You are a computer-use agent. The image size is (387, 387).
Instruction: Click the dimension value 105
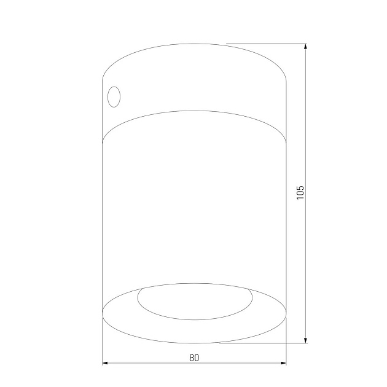(x=300, y=193)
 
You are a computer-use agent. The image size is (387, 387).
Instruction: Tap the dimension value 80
(x=194, y=357)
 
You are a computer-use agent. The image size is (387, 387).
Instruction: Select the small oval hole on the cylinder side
(x=114, y=97)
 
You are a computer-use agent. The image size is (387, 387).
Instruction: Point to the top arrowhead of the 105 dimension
(x=305, y=47)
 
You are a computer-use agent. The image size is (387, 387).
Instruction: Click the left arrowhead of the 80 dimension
(x=105, y=364)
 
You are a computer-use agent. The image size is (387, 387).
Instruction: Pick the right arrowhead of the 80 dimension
(x=283, y=364)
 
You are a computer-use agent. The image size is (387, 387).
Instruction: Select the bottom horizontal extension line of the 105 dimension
(x=264, y=343)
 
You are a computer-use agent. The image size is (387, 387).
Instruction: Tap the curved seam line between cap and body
(x=194, y=111)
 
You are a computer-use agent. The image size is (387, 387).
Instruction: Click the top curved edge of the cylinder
(x=194, y=44)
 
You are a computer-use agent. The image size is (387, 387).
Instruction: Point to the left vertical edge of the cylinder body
(x=102, y=203)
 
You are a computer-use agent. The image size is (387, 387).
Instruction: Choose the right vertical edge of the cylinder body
(x=287, y=203)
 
